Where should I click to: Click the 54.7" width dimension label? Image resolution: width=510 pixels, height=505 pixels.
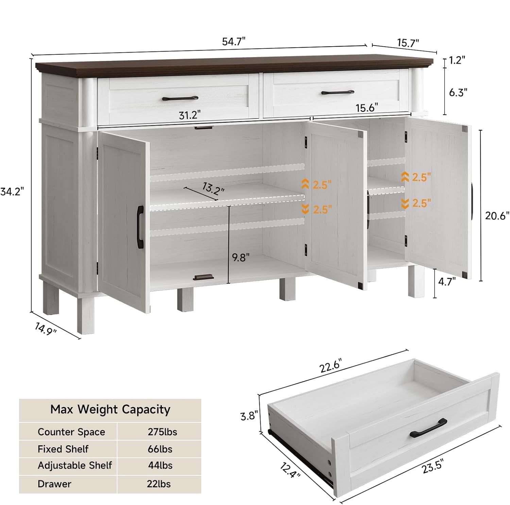click(x=234, y=41)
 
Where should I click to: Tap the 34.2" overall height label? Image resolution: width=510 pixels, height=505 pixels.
click(x=12, y=192)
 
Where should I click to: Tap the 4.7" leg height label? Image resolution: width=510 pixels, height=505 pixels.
click(x=447, y=282)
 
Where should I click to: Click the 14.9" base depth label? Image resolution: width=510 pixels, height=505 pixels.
click(x=46, y=329)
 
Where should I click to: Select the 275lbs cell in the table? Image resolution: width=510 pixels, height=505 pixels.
click(x=162, y=432)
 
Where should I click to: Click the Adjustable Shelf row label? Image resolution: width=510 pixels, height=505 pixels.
click(x=75, y=465)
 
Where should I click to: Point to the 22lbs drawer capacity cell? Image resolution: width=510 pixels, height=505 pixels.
click(x=159, y=484)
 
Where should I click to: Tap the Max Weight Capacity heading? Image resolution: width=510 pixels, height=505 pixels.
click(x=110, y=409)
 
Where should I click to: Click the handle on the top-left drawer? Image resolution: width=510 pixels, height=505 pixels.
click(x=180, y=99)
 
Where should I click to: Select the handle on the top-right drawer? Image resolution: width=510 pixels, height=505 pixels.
click(x=338, y=92)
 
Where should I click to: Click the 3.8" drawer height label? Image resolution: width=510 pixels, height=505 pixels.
click(x=249, y=416)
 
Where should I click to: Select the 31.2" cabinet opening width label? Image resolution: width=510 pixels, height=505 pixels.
click(x=190, y=115)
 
